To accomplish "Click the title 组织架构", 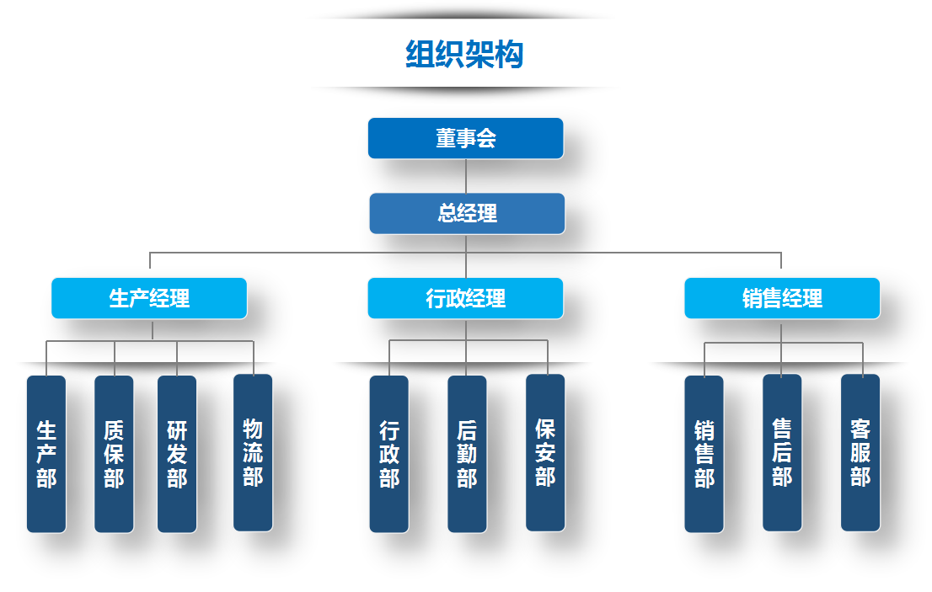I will (464, 55).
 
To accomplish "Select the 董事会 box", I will (465, 138).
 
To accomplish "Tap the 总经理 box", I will (467, 213).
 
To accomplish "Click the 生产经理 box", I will (149, 298).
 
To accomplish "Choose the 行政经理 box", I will (465, 298).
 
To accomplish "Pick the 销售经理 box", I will (782, 298).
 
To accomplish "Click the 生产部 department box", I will (46, 454).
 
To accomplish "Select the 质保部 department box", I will (114, 454).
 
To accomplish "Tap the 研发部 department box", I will (177, 454).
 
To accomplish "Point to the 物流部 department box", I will (253, 452).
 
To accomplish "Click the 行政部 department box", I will (388, 454).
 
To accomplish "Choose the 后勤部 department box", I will (467, 454).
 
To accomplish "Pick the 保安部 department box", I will (545, 452).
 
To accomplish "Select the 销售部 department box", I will (704, 454).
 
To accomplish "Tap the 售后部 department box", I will (782, 452).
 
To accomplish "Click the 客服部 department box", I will (860, 452).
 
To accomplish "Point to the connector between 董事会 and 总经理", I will (466, 176).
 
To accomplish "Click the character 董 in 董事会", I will (446, 138).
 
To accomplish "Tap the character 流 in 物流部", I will (253, 452).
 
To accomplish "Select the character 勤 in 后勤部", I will (467, 455).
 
